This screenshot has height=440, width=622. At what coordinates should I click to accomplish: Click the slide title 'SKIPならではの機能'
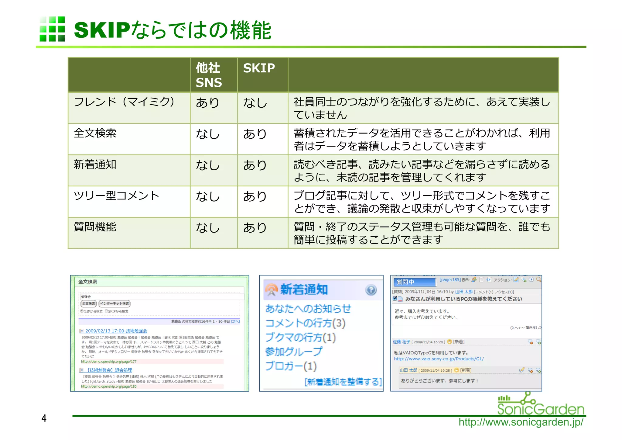pyautogui.click(x=173, y=30)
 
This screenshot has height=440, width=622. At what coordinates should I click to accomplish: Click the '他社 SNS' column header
pyautogui.click(x=209, y=75)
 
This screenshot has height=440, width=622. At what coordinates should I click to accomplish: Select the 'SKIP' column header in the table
pyautogui.click(x=259, y=68)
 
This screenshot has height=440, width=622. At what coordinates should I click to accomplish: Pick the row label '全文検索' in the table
pyautogui.click(x=95, y=133)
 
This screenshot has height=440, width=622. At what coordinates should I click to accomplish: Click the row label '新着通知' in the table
pyautogui.click(x=95, y=165)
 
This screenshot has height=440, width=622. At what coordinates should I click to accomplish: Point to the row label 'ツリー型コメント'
pyautogui.click(x=116, y=196)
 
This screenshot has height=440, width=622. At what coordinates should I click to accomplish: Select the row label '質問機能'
pyautogui.click(x=95, y=227)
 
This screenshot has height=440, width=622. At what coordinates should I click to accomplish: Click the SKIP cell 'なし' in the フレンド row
pyautogui.click(x=255, y=103)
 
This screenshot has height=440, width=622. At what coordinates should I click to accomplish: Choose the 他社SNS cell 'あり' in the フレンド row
pyautogui.click(x=207, y=103)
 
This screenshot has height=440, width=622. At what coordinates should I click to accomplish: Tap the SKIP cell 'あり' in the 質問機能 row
pyautogui.click(x=255, y=228)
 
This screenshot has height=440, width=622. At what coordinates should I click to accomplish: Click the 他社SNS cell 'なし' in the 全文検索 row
pyautogui.click(x=208, y=134)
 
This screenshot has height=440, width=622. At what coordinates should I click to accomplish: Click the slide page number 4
pyautogui.click(x=44, y=418)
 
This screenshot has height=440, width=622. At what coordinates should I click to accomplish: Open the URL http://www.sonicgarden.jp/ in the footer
pyautogui.click(x=521, y=422)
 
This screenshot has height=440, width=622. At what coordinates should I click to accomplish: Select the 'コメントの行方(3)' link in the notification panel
pyautogui.click(x=305, y=323)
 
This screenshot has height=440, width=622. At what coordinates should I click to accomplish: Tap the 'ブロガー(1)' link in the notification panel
pyautogui.click(x=291, y=366)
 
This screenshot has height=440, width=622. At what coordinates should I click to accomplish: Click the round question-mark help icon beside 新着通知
pyautogui.click(x=371, y=290)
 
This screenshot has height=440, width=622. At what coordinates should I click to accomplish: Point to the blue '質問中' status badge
pyautogui.click(x=415, y=282)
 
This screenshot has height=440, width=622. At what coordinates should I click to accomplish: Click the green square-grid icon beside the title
pyautogui.click(x=52, y=29)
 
